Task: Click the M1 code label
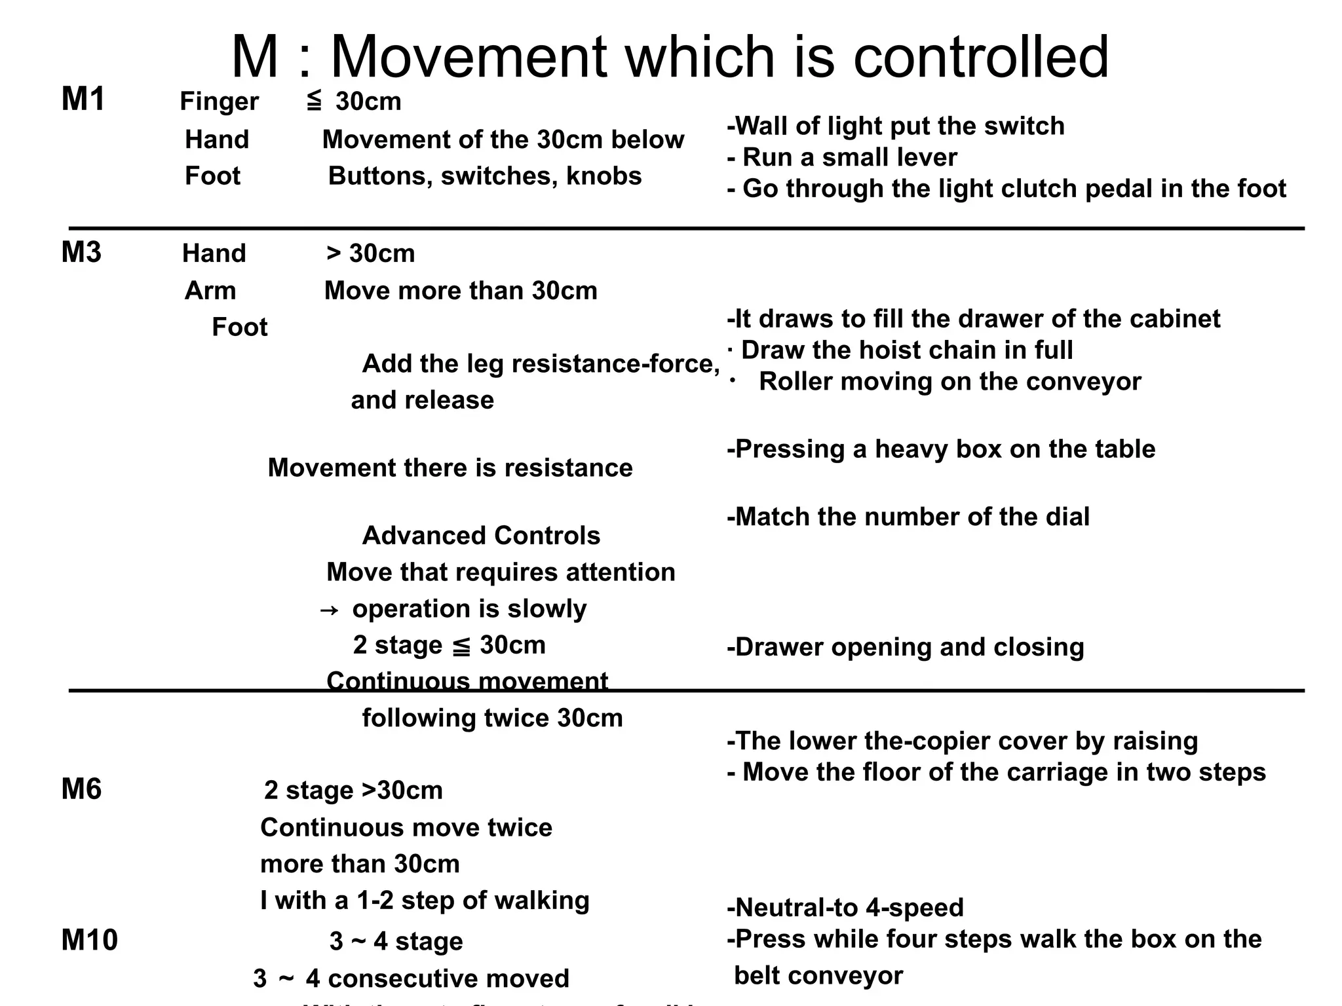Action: click(x=83, y=100)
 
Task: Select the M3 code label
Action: click(x=81, y=252)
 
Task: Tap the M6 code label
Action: click(x=81, y=789)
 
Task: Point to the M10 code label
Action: click(x=89, y=940)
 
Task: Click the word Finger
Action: click(x=219, y=102)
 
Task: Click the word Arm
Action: click(x=210, y=290)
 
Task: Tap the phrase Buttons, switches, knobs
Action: click(x=484, y=176)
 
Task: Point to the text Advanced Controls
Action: click(x=481, y=535)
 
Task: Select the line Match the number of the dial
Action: click(x=908, y=517)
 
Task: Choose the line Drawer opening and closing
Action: click(x=906, y=647)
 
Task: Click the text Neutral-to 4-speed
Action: click(x=845, y=907)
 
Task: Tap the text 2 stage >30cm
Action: click(x=353, y=791)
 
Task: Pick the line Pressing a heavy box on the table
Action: click(x=941, y=449)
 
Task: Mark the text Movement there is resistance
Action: click(x=450, y=468)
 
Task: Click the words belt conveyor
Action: click(x=818, y=975)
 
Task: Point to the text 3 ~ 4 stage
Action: click(x=396, y=941)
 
